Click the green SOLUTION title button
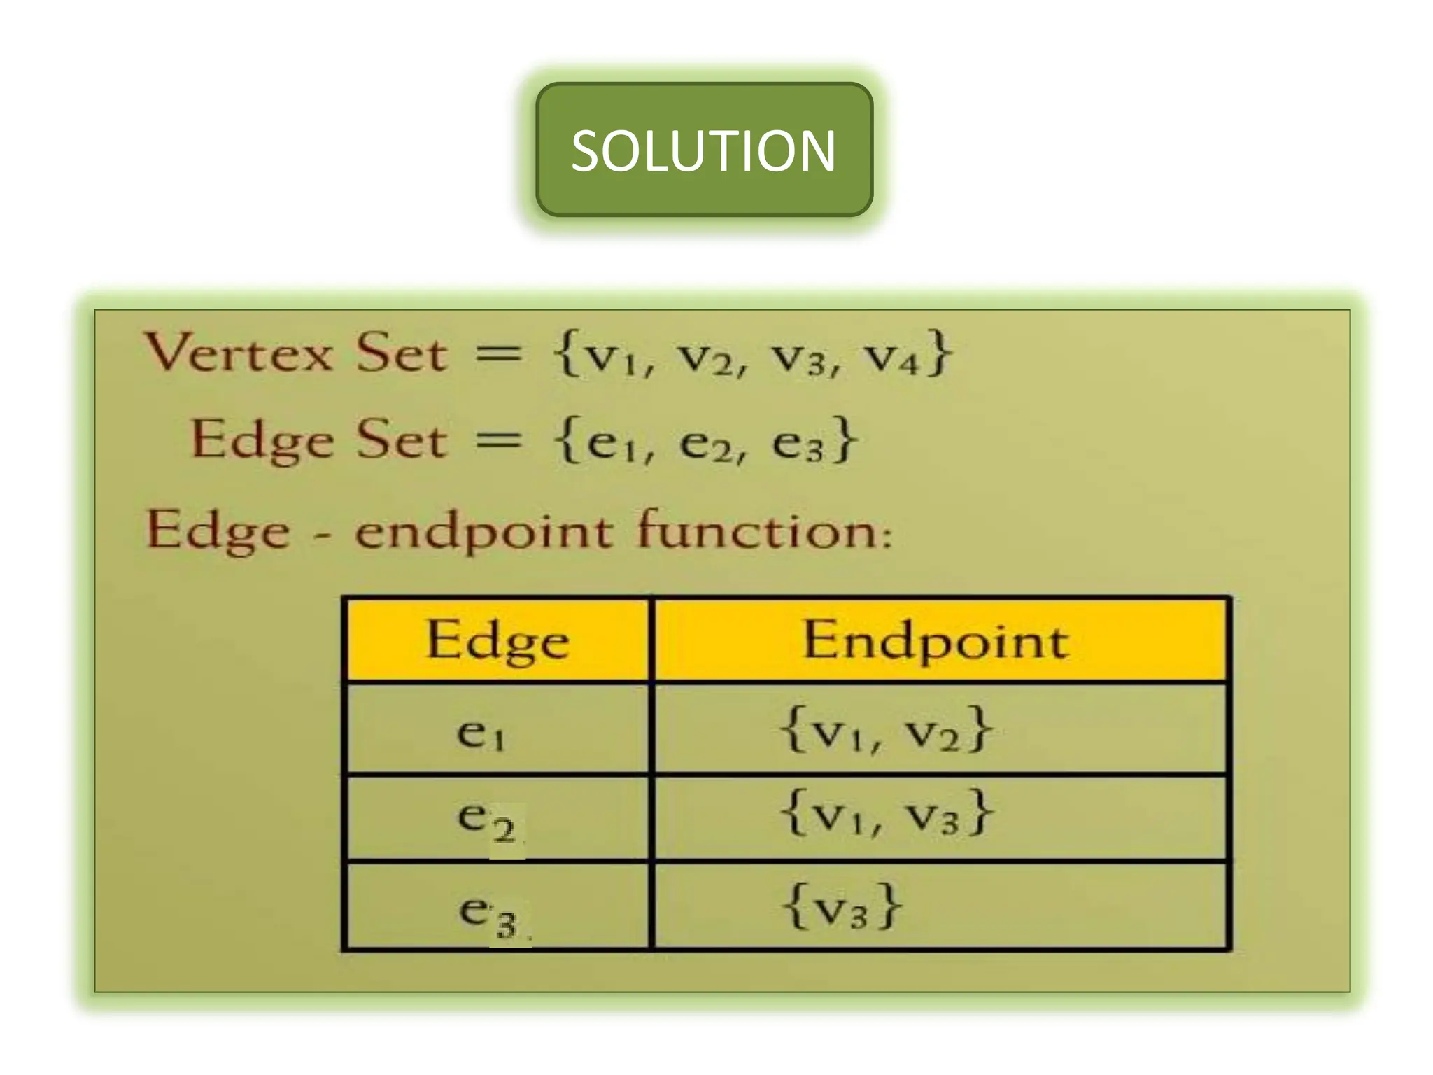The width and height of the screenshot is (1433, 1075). [704, 150]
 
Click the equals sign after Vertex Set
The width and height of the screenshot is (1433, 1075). [498, 353]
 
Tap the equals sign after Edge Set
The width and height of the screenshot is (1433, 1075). [498, 441]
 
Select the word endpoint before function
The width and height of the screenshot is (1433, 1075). [483, 532]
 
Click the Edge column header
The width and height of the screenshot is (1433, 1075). [497, 640]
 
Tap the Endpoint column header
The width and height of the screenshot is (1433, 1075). [936, 640]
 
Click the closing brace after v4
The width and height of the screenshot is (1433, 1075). [938, 354]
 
